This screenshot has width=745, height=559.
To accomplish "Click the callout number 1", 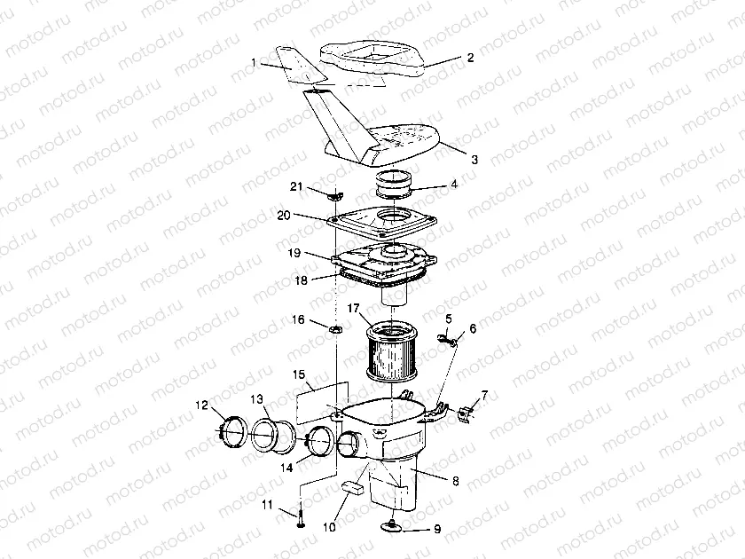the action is tap(254, 63).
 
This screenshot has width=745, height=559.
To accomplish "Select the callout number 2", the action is tap(470, 58).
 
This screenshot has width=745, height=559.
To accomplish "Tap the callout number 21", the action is tap(296, 186).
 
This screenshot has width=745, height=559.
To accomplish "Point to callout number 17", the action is tap(353, 309).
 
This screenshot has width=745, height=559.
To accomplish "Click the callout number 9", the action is tap(437, 529).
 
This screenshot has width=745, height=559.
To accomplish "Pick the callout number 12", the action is tap(202, 405).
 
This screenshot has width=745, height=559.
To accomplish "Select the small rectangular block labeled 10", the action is tap(353, 488).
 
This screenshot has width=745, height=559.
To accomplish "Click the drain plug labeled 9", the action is tap(392, 524).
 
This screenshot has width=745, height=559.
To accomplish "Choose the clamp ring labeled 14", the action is tap(319, 440).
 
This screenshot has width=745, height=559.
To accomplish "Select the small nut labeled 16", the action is tap(336, 328).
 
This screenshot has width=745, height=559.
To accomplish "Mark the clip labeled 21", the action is tap(334, 195).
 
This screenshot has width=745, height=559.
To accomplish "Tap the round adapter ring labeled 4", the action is tap(394, 185).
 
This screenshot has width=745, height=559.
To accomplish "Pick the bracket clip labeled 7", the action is tap(465, 413).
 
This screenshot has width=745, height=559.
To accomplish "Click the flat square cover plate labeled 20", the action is tap(382, 224).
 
